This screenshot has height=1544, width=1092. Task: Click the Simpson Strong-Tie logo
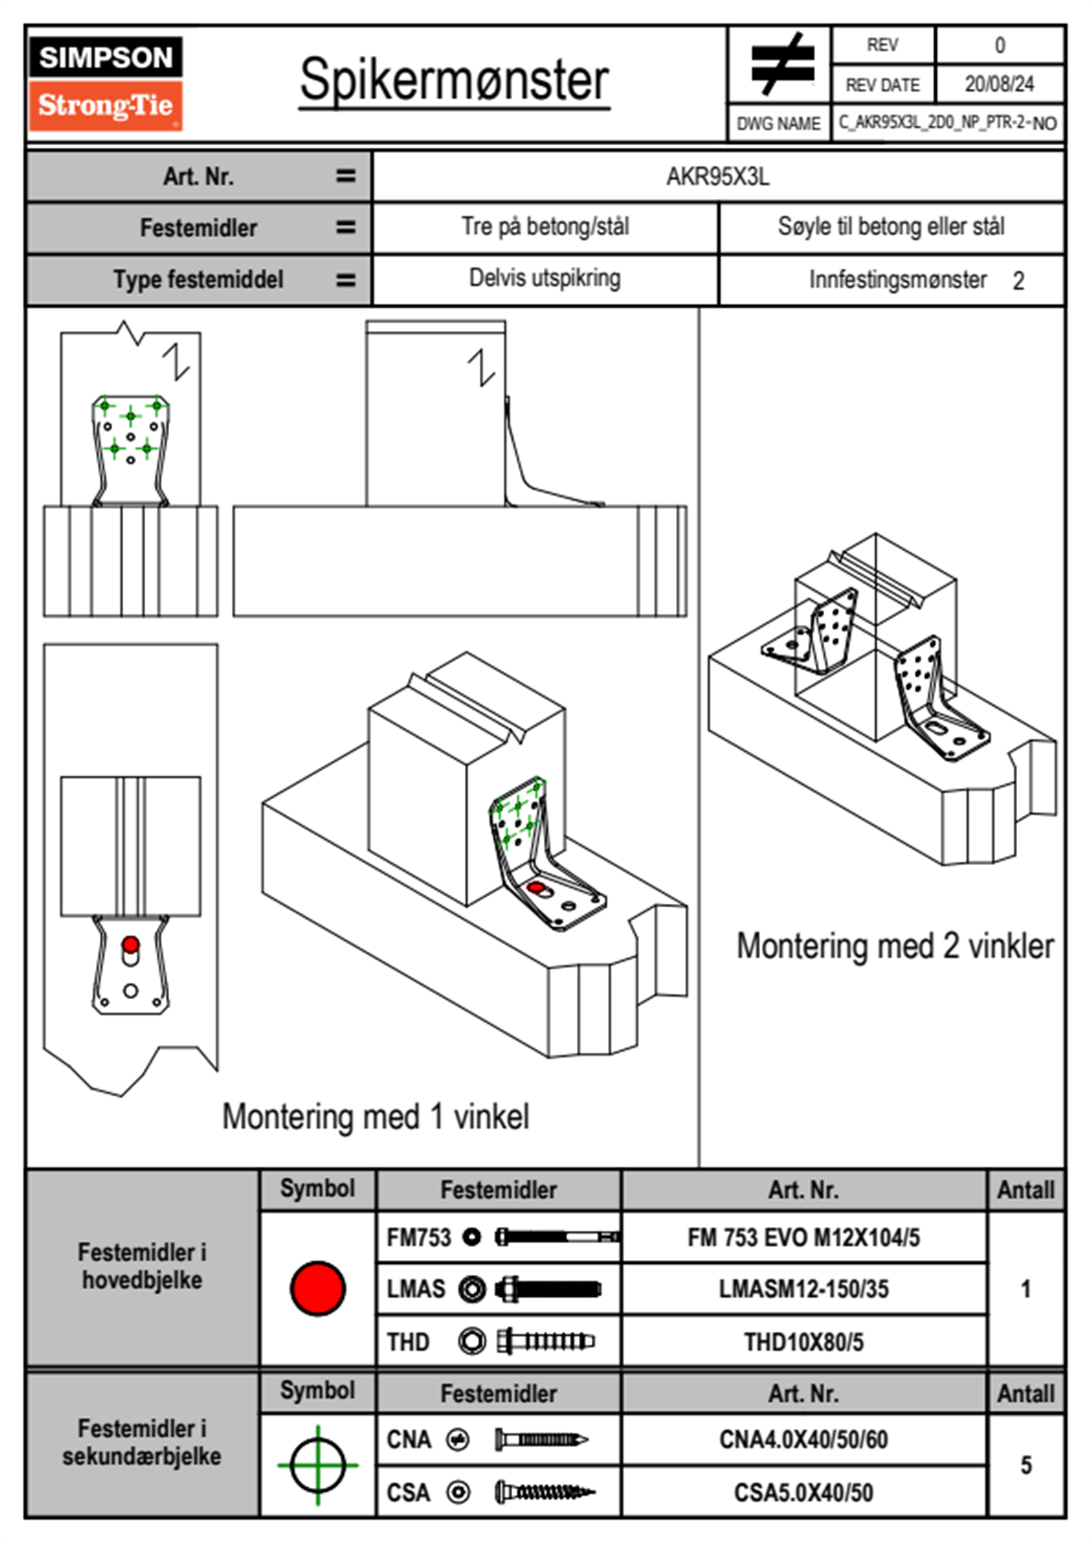(105, 83)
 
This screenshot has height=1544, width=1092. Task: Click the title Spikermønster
(454, 80)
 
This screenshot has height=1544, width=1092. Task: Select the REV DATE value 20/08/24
(998, 84)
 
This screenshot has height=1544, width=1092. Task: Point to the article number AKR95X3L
(718, 176)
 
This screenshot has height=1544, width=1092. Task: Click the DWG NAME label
(778, 123)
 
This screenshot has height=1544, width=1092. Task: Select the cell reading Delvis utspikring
(545, 278)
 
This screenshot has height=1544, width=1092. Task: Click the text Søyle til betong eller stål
(891, 227)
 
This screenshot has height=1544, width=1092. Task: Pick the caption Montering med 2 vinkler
(895, 945)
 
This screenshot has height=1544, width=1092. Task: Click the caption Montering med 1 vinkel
(375, 1116)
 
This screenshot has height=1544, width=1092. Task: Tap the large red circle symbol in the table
(318, 1288)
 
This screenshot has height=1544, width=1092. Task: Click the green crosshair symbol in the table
(318, 1465)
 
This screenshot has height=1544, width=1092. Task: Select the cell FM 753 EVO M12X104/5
(804, 1237)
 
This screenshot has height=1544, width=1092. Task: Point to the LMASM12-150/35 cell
(804, 1289)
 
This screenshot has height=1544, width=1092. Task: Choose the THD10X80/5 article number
(804, 1342)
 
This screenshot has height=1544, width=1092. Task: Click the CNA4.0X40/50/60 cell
(804, 1439)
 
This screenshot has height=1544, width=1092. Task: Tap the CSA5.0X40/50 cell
(804, 1493)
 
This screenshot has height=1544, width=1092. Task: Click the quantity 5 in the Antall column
(1026, 1465)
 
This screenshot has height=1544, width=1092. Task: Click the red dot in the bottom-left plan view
(130, 945)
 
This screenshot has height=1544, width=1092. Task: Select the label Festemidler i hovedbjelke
(142, 1266)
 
